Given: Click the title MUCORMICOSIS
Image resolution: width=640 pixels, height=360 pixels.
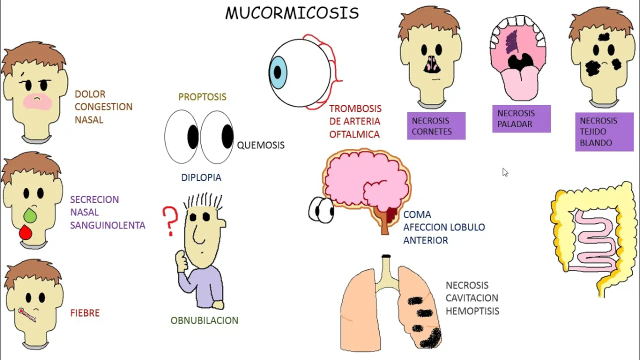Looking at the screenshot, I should click(x=292, y=13).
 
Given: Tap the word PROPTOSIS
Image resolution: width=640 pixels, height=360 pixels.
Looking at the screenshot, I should click(x=202, y=97).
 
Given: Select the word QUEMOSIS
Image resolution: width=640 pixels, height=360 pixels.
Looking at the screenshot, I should click(x=260, y=145).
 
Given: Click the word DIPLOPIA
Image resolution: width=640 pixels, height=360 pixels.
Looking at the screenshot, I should click(x=201, y=177).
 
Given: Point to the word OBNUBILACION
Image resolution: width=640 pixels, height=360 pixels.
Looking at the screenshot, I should click(x=204, y=320).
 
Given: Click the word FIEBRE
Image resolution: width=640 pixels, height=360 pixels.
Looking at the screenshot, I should click(x=85, y=313).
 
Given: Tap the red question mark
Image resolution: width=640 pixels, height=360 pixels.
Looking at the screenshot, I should click(x=170, y=220).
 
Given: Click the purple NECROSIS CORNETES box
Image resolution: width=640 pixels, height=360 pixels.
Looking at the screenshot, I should click(x=436, y=126).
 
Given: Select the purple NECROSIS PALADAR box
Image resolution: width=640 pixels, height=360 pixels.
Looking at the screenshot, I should click(x=521, y=119).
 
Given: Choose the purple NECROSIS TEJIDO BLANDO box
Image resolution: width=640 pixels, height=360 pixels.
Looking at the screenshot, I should click(x=604, y=132).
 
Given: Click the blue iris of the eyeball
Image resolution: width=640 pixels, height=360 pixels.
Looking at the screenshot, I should click(x=278, y=73).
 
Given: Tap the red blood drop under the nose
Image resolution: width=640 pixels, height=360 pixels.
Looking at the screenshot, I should click(x=25, y=232).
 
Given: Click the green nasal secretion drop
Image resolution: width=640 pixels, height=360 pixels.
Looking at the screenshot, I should click(x=30, y=215).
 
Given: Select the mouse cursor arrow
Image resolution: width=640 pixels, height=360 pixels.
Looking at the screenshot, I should click(x=505, y=172).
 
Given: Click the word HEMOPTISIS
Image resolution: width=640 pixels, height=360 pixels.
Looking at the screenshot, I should click(x=472, y=311).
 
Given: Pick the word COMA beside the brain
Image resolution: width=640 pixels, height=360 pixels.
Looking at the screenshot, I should click(x=417, y=214).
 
